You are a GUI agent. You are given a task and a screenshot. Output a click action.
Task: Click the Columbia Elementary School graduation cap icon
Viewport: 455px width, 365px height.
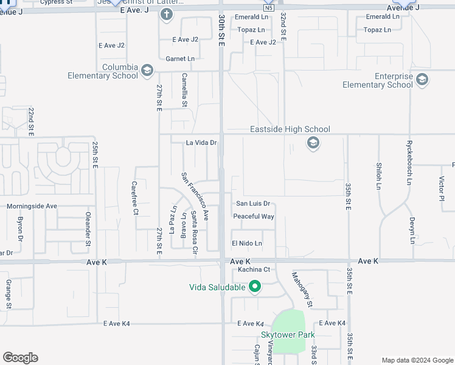147,71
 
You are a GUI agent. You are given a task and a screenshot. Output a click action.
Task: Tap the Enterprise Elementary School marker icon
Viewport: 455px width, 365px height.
422,80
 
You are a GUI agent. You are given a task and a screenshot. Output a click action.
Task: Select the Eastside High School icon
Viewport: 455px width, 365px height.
313,144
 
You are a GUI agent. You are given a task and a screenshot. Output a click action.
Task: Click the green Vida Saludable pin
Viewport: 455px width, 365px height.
255,287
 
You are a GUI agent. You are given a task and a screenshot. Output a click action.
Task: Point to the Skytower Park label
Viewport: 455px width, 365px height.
287,335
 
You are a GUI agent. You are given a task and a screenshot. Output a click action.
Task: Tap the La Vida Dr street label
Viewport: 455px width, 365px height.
201,143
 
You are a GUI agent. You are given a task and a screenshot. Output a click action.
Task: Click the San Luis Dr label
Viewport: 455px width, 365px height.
252,204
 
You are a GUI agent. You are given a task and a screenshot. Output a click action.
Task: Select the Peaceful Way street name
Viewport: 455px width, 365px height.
254,217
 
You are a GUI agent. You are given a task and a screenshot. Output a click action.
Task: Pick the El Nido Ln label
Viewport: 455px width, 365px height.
246,243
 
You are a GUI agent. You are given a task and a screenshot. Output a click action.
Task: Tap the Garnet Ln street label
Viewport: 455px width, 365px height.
179,59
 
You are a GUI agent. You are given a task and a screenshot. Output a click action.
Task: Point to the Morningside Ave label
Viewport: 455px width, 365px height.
32,206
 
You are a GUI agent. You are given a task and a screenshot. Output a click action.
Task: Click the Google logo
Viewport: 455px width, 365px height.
20,358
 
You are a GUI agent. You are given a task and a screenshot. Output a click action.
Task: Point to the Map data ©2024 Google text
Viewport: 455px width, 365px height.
417,360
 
